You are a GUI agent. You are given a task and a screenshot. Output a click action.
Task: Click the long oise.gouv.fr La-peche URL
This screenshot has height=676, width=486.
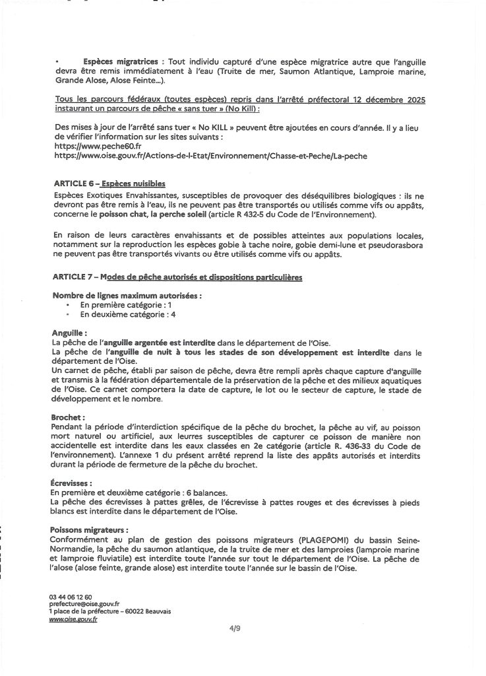pyautogui.click(x=209, y=155)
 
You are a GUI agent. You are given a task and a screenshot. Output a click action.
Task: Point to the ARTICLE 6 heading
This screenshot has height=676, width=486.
pyautogui.click(x=107, y=183)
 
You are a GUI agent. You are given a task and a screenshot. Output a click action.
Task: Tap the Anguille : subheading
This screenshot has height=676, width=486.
pyautogui.click(x=68, y=333)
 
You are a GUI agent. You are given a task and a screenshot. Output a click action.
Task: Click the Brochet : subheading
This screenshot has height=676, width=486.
pyautogui.click(x=67, y=418)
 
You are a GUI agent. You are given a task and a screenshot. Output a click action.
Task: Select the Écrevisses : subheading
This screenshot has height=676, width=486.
pyautogui.click(x=71, y=483)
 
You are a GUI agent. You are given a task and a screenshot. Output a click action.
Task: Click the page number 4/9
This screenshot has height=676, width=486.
pyautogui.click(x=243, y=630)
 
